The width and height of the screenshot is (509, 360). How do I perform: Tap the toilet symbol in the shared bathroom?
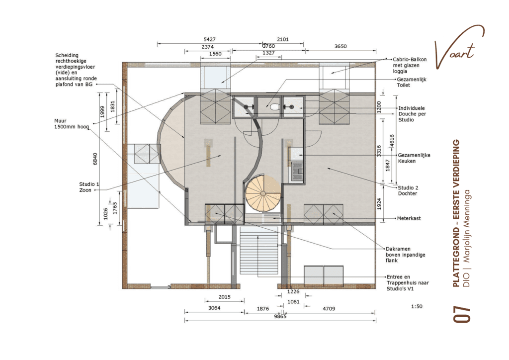coord(269,106)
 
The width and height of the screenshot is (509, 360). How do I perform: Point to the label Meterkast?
coord(409,218)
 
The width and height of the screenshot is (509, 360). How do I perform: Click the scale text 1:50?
coord(417,307)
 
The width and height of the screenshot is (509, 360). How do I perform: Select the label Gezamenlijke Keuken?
coord(414,158)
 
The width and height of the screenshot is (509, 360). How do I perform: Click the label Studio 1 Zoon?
coord(89,187)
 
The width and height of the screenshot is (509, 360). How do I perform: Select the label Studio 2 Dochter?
coord(407,190)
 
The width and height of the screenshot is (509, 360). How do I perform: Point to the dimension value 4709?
coord(329,309)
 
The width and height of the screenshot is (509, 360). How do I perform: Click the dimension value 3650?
coord(340,46)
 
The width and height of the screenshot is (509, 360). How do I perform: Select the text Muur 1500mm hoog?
coord(72,123)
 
